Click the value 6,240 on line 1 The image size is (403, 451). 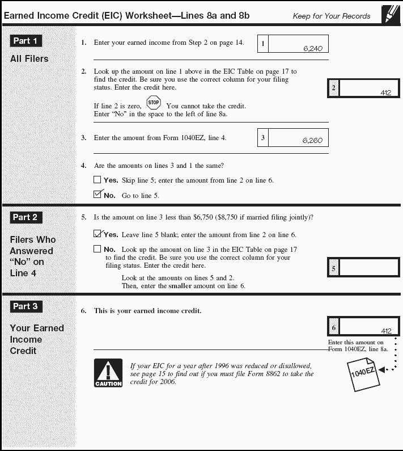312,49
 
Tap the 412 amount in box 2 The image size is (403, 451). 386,92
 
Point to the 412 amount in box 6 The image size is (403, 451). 386,331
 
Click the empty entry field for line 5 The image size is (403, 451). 369,268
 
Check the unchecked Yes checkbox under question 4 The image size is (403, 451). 97,180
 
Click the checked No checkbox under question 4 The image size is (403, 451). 97,195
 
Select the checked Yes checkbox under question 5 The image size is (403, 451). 97,234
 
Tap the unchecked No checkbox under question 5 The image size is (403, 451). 97,248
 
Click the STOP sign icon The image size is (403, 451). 154,103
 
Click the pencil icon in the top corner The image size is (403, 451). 390,13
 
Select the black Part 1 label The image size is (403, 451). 26,41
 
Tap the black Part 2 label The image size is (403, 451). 26,217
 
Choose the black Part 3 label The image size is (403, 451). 26,306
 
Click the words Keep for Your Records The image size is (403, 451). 331,16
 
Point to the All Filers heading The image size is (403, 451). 29,58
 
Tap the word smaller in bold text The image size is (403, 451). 180,286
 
